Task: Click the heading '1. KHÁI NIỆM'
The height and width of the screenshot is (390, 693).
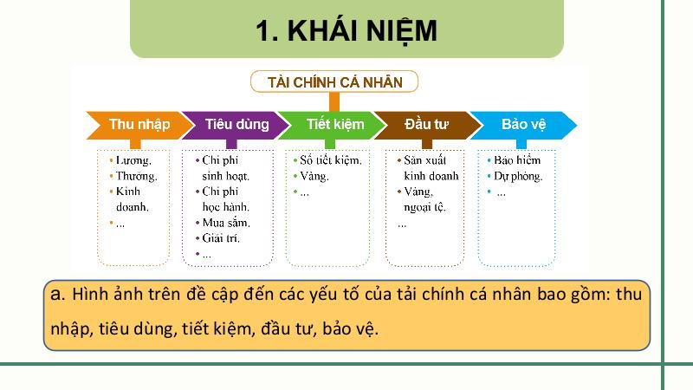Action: (x=346, y=30)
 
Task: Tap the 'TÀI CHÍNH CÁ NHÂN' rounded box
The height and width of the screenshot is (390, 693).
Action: (x=334, y=81)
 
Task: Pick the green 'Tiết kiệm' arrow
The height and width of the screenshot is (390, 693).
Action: (x=333, y=125)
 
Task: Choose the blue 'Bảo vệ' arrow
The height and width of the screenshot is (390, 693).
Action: (x=523, y=125)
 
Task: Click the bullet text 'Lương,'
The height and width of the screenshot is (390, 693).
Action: (x=133, y=160)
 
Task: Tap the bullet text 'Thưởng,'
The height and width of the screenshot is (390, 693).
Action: (x=137, y=176)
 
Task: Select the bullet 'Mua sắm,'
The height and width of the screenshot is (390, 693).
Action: (x=226, y=223)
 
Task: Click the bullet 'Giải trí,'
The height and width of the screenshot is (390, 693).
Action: (x=221, y=238)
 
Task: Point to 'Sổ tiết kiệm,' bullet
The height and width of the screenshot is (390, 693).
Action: (x=331, y=160)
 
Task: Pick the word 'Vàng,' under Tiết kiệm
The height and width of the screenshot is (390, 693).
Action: (x=314, y=177)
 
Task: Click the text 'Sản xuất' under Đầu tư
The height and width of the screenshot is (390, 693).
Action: (x=424, y=160)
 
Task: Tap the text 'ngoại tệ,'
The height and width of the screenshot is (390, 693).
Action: (x=424, y=207)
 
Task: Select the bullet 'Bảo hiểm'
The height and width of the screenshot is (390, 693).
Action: (x=517, y=160)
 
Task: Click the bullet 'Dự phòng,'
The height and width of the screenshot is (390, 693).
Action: (x=518, y=177)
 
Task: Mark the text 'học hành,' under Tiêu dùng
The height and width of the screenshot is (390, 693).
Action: (x=226, y=207)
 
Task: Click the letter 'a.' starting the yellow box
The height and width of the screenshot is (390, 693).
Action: (x=58, y=294)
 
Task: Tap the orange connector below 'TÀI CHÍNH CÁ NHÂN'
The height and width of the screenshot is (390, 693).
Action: (x=334, y=102)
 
